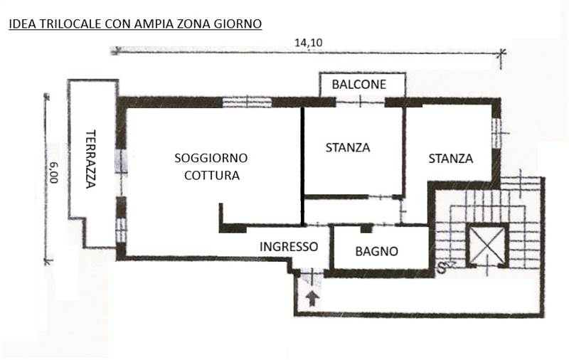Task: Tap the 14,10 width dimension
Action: pos(308,43)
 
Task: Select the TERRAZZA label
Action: pos(91,159)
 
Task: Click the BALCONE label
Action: pos(359,85)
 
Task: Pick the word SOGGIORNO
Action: pos(211,158)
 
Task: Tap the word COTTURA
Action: pos(212,176)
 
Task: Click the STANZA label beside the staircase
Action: pos(451,159)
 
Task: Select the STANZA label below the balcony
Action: pos(348,148)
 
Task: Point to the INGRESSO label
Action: pos(289,247)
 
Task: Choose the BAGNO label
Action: pos(377,251)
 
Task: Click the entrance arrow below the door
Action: pos(312,299)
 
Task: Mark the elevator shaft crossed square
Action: pos(488,245)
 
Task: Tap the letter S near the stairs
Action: pos(441,268)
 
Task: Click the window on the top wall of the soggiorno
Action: pos(247,102)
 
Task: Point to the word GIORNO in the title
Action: pos(238,24)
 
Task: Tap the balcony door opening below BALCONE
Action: pos(360,102)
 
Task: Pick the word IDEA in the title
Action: pos(21,24)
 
